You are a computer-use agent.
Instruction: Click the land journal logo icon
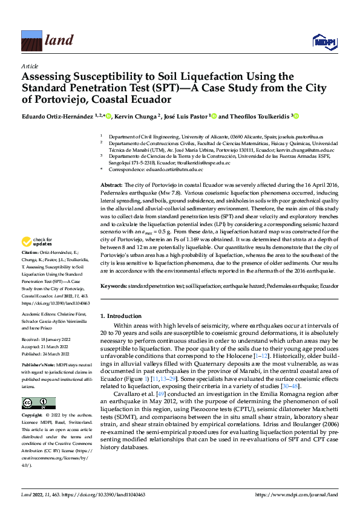[x=31, y=41]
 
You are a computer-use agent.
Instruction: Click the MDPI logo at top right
[x=323, y=41]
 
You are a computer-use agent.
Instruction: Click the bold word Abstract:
[x=111, y=184]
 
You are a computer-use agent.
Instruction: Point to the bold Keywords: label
[x=113, y=285]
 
